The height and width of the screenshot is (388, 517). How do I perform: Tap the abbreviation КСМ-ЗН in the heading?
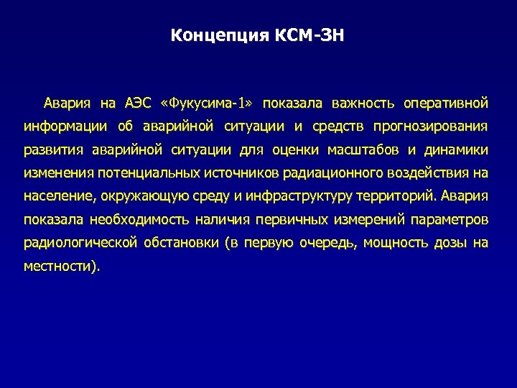pos(309,35)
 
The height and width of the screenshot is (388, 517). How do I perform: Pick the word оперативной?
pos(445,103)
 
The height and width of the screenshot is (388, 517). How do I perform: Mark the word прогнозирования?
pos(430,127)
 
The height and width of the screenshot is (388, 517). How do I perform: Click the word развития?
pos(53,150)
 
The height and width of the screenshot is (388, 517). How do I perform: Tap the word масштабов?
pos(363,150)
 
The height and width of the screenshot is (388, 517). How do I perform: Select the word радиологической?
pos(80,243)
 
